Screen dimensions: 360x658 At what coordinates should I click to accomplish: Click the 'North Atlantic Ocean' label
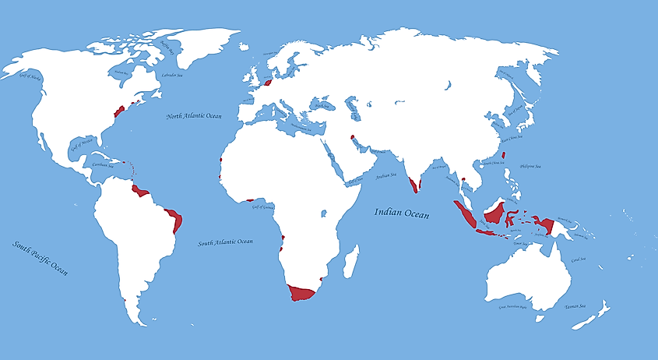pyautogui.click(x=194, y=116)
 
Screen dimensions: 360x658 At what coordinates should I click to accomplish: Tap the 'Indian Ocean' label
pyautogui.click(x=402, y=212)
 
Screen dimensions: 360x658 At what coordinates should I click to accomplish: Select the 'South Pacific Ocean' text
pyautogui.click(x=40, y=258)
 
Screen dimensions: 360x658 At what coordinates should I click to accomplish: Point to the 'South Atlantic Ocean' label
pyautogui.click(x=225, y=242)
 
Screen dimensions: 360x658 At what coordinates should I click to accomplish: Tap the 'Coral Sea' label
pyautogui.click(x=579, y=259)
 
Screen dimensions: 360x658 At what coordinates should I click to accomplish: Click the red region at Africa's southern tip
pyautogui.click(x=300, y=293)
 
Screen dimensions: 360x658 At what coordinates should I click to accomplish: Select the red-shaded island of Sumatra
pyautogui.click(x=466, y=214)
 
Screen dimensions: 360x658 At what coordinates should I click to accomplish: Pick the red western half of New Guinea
pyautogui.click(x=547, y=225)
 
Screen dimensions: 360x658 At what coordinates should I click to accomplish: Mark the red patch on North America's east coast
pyautogui.click(x=120, y=111)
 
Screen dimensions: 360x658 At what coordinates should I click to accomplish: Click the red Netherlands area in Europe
pyautogui.click(x=267, y=81)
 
